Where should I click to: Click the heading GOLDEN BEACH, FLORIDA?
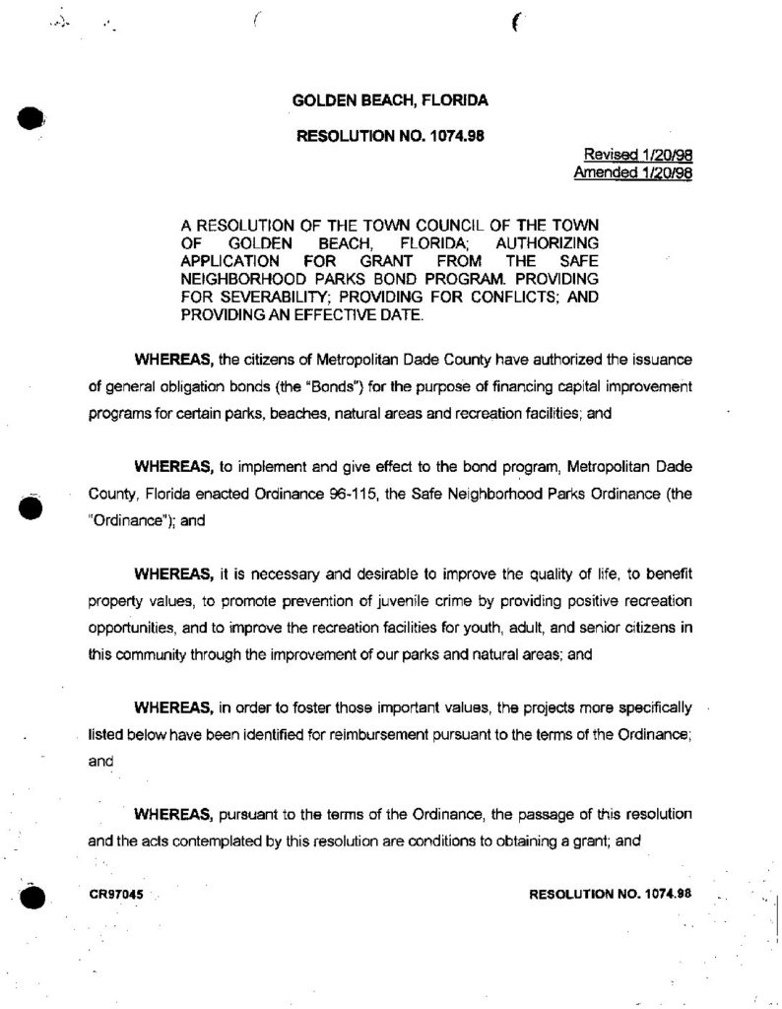391,101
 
